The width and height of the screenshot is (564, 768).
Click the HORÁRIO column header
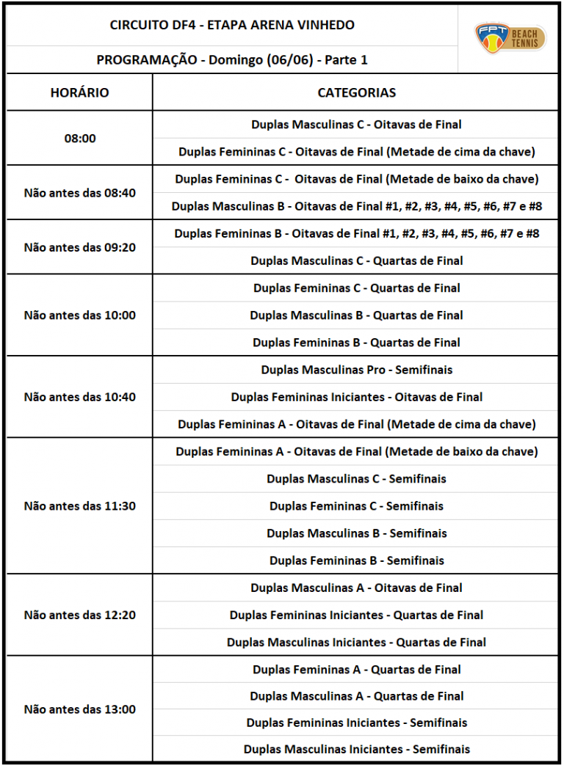[x=79, y=92]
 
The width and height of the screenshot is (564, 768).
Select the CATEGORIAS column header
[x=356, y=92]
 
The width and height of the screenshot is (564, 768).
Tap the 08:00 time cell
[x=79, y=138]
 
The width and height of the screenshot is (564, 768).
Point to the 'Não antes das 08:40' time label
[x=79, y=193]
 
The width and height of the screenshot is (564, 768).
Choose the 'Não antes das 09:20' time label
[x=79, y=247]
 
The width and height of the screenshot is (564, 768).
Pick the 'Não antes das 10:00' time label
[x=79, y=315]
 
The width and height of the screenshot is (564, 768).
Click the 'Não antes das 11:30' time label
[x=79, y=506]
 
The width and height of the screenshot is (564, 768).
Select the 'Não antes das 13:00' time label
[x=79, y=709]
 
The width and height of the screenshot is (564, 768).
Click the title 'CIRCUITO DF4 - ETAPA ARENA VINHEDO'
[x=232, y=25]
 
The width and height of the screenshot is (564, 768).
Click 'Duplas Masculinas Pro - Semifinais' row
[x=356, y=370]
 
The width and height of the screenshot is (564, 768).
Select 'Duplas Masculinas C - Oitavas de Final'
[x=356, y=125]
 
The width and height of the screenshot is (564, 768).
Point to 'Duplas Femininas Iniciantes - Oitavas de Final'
[x=356, y=397]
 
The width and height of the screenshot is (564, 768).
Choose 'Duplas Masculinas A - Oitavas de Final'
[x=356, y=588]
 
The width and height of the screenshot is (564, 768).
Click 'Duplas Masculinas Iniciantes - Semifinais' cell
[x=356, y=749]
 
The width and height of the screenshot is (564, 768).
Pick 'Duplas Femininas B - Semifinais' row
[x=356, y=560]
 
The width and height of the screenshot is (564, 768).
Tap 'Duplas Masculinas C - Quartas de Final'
[x=356, y=260]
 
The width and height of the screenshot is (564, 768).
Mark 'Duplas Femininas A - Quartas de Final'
[x=356, y=669]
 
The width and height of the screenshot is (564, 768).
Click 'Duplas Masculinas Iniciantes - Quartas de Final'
[x=356, y=642]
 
